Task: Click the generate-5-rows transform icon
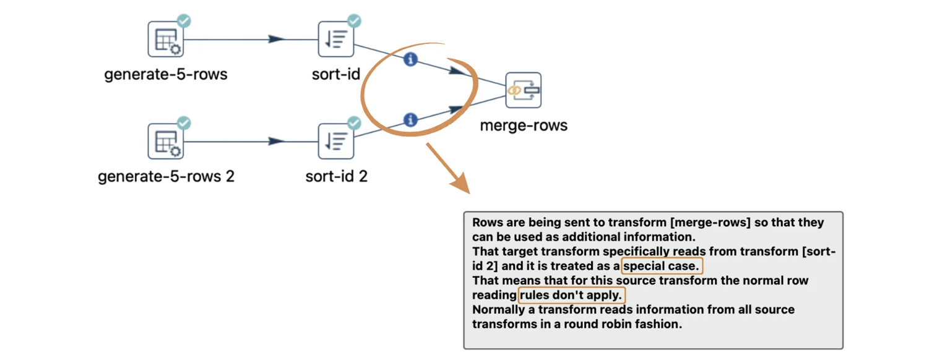pos(165,40)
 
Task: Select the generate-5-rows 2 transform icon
pos(165,142)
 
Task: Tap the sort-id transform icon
pos(335,40)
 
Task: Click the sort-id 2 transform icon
pos(335,142)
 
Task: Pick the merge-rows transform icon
pos(523,90)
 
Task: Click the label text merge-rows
pos(524,126)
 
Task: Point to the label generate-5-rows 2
pos(166,176)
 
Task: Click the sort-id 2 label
pos(336,176)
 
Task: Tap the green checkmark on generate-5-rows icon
pos(184,21)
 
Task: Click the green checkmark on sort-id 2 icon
pos(354,123)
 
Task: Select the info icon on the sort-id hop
pos(410,59)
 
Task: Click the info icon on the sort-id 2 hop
pos(410,120)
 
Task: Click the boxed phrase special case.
pos(662,267)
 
